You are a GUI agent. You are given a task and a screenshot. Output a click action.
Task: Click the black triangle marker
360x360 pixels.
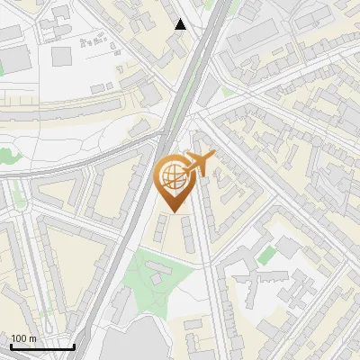point(181,24)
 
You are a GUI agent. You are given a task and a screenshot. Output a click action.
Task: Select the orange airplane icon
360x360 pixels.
point(199,164)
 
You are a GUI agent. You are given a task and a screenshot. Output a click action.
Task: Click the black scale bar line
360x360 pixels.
point(41,346)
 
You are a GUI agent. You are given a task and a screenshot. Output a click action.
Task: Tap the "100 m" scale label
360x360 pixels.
point(24,338)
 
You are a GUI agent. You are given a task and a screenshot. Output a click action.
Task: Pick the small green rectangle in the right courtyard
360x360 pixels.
point(265,256)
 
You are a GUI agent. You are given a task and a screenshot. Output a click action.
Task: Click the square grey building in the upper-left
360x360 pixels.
point(62,56)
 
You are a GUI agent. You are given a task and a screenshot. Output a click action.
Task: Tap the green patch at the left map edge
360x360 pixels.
point(7,155)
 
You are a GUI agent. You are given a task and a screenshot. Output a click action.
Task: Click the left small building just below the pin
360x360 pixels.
point(160,229)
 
